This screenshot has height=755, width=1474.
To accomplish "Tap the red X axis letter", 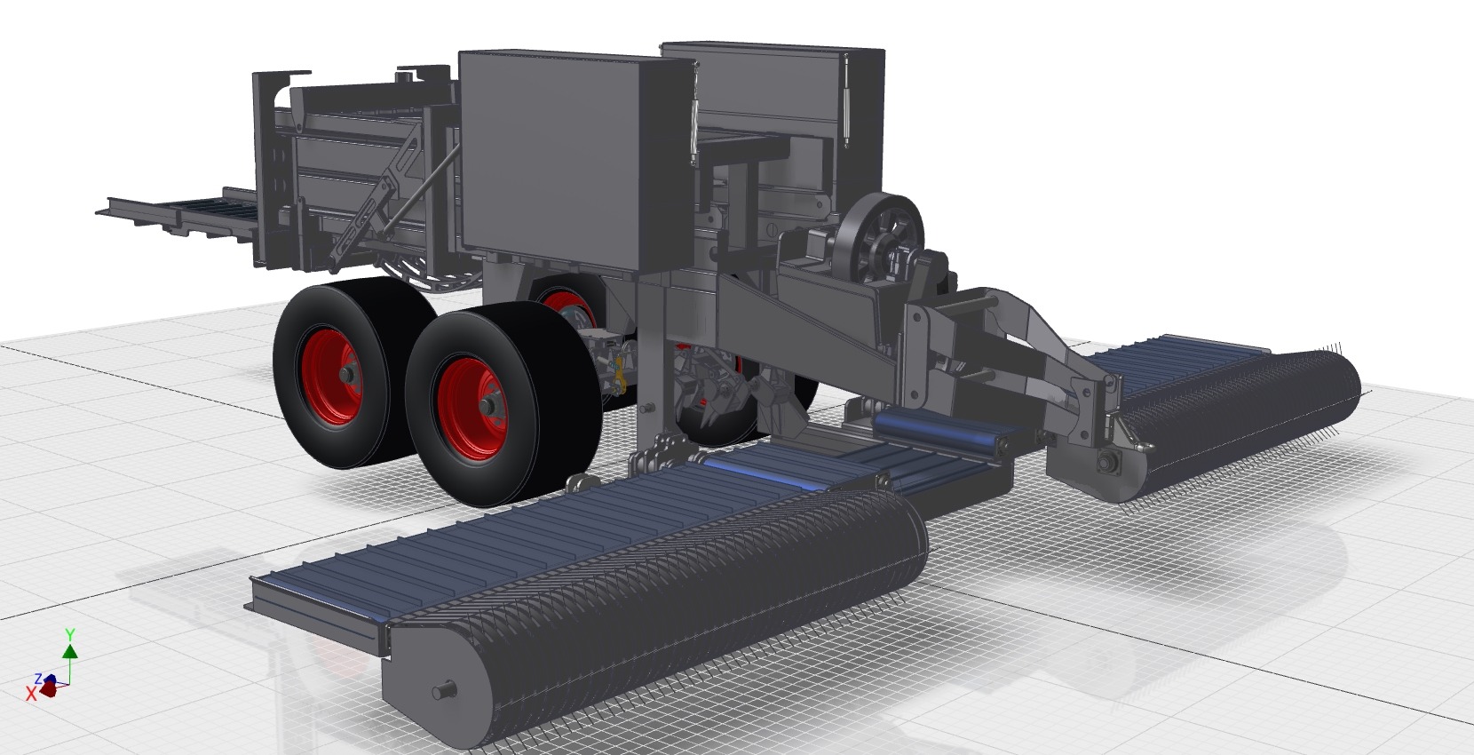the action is (31, 694).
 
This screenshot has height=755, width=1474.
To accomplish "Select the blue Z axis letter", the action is (39, 679).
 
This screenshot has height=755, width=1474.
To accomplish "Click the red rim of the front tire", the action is (472, 408).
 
